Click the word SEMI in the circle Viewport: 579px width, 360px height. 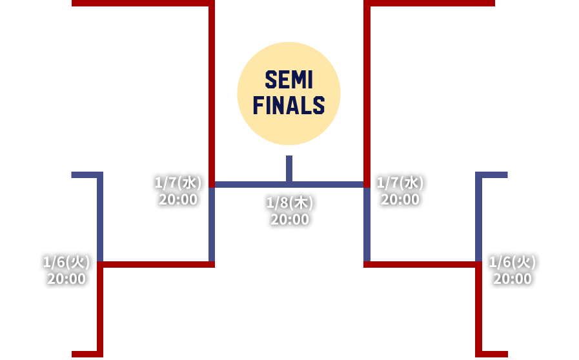pyautogui.click(x=289, y=81)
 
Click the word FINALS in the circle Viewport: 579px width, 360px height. pyautogui.click(x=289, y=105)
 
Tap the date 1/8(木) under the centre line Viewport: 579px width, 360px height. pyautogui.click(x=289, y=203)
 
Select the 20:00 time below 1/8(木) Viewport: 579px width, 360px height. pyautogui.click(x=289, y=219)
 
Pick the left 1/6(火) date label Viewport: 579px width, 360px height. pyautogui.click(x=66, y=263)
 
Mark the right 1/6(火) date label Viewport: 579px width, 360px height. pyautogui.click(x=513, y=263)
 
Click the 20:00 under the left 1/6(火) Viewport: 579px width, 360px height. pyautogui.click(x=66, y=279)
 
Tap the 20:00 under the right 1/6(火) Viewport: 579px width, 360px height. pyautogui.click(x=513, y=279)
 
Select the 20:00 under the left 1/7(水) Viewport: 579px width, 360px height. pyautogui.click(x=178, y=199)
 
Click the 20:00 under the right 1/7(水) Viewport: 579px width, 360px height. pyautogui.click(x=400, y=199)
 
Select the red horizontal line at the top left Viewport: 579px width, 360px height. pyautogui.click(x=142, y=3)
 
